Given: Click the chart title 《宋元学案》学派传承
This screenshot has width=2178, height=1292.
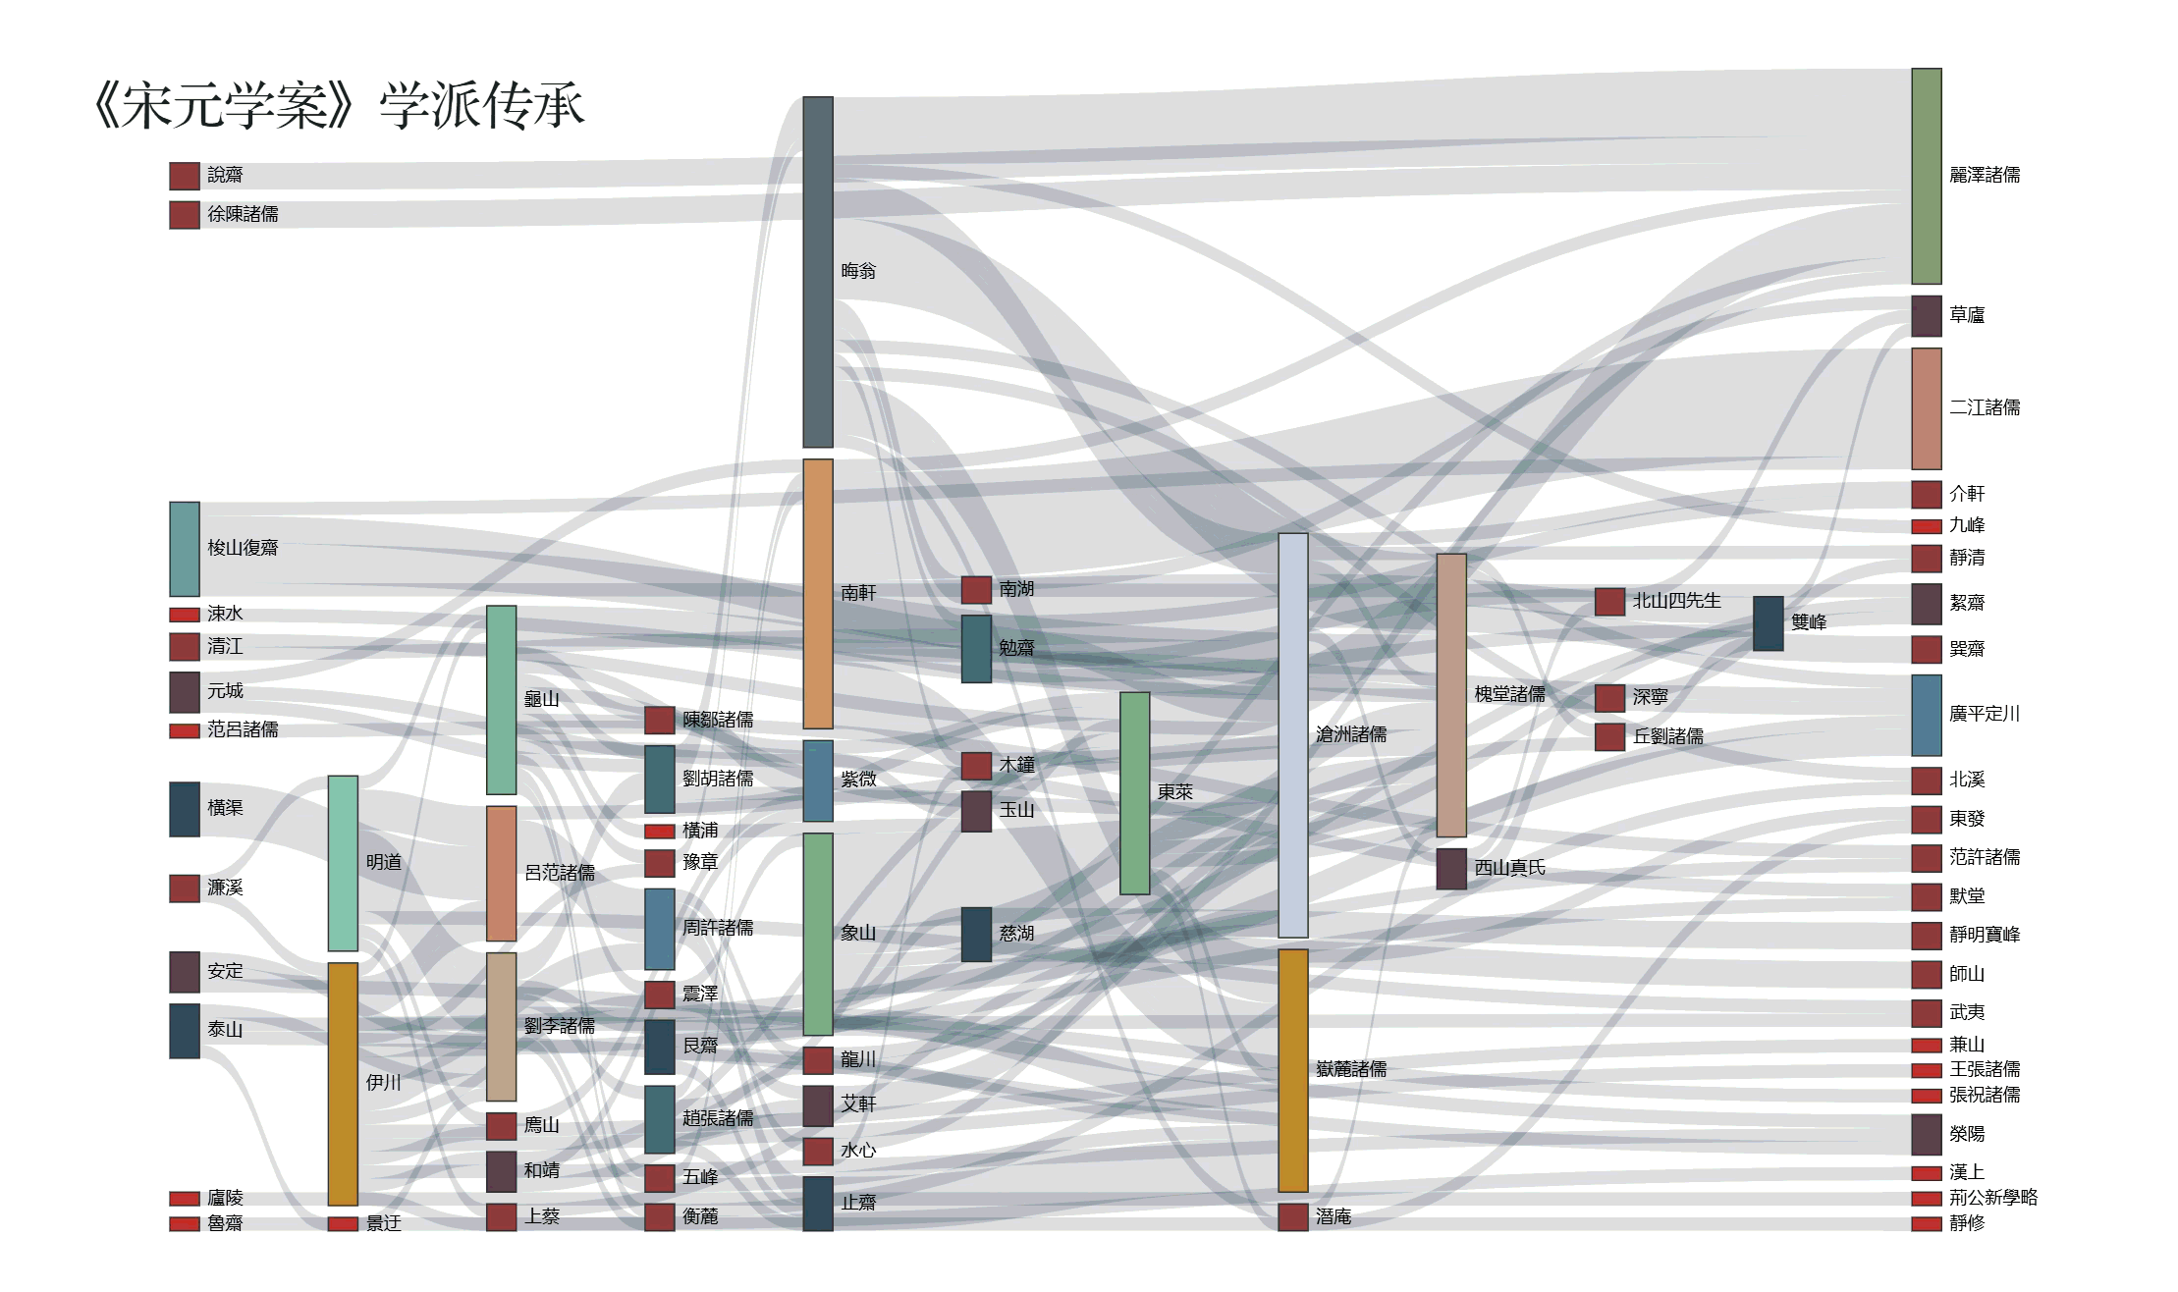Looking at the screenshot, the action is [x=338, y=105].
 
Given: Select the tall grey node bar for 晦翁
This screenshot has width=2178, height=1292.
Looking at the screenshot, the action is [x=818, y=272].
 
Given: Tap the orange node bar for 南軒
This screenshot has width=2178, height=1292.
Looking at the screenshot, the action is [x=818, y=594].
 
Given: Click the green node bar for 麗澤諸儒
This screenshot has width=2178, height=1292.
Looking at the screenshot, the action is [x=1927, y=176].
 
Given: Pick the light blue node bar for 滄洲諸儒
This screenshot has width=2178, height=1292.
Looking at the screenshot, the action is [x=1293, y=735].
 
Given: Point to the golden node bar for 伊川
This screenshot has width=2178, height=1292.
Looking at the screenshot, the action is [x=343, y=1084].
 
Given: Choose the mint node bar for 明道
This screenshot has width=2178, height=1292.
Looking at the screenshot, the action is [x=343, y=863].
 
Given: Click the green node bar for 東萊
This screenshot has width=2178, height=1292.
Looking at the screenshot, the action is [x=1135, y=793].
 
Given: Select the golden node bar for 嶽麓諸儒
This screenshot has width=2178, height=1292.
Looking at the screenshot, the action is [x=1293, y=1070].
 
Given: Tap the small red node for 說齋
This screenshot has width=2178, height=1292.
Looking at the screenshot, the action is [x=185, y=176].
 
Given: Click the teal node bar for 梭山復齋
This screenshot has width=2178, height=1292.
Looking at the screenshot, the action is [x=185, y=549].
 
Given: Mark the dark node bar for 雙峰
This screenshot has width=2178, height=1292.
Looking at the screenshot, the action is [x=1769, y=623].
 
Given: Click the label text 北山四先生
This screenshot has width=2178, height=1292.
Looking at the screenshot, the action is [x=1676, y=601].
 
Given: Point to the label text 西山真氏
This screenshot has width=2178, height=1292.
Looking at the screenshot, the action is [x=1509, y=868].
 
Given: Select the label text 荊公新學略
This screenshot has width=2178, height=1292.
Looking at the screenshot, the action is [x=1993, y=1198].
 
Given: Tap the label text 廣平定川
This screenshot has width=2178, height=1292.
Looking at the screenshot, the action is [x=1985, y=714].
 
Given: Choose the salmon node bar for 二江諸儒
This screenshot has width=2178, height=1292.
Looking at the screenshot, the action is [x=1927, y=408].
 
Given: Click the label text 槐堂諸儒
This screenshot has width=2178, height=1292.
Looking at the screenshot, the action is [x=1509, y=694].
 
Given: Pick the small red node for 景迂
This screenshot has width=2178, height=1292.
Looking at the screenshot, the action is [x=343, y=1223].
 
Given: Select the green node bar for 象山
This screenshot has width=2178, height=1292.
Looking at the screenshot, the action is [x=818, y=934].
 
